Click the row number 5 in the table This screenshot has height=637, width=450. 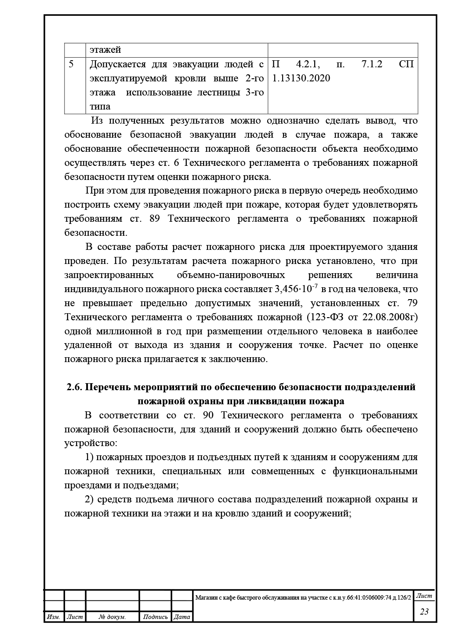(x=71, y=64)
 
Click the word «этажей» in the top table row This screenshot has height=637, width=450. (x=105, y=50)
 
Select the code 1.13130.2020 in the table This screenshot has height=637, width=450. (x=301, y=78)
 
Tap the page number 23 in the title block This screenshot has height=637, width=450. (x=424, y=611)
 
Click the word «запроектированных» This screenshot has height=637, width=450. (x=109, y=275)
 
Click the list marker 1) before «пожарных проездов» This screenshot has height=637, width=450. (x=89, y=457)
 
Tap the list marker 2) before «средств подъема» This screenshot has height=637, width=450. (x=89, y=499)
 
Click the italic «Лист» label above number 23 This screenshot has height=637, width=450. (x=424, y=596)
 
